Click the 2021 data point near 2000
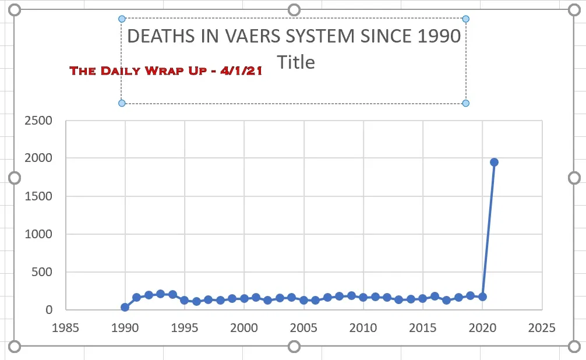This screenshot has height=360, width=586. [494, 162]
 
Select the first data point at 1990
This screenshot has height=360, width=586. [125, 307]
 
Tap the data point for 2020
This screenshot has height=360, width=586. [482, 297]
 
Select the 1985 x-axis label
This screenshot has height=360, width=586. [65, 327]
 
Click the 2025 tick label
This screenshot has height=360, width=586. [542, 327]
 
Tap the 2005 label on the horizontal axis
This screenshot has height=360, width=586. [303, 327]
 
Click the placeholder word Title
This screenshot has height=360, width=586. [296, 62]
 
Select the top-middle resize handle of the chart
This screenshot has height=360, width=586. [294, 10]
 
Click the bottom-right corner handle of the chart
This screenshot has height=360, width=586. [574, 347]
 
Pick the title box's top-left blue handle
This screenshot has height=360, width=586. [122, 19]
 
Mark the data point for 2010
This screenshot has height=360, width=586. [363, 297]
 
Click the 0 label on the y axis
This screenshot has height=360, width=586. [49, 310]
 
